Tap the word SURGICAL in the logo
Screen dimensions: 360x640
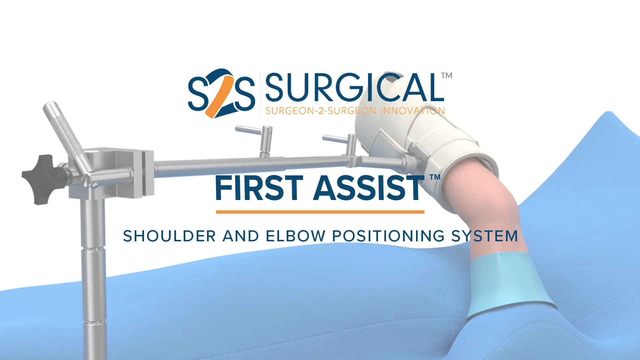[354, 87]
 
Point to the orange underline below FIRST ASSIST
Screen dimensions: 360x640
[320, 212]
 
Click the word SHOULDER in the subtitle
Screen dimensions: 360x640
[169, 236]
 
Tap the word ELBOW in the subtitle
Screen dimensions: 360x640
[295, 236]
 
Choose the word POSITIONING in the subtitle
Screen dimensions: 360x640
[388, 236]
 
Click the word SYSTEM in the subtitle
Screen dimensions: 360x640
[485, 236]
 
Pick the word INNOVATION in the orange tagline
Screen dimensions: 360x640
[412, 111]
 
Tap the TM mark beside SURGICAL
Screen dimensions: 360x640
[447, 76]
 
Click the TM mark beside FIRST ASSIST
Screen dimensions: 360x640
[435, 177]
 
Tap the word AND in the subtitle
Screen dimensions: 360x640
[241, 236]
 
